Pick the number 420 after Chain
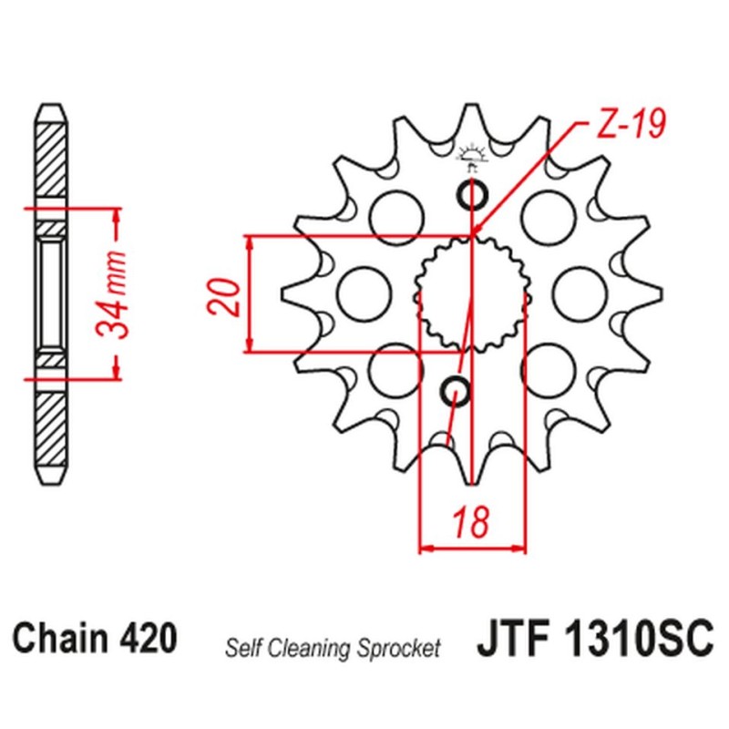point(148,637)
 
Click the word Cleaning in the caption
point(325,649)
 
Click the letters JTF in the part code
point(510,637)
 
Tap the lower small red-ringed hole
point(457,392)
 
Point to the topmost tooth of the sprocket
point(472,114)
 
